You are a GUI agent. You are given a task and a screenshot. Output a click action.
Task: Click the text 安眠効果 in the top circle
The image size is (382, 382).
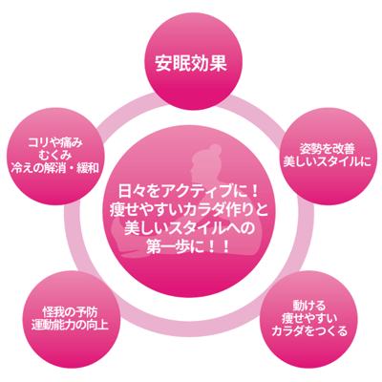(x=191, y=63)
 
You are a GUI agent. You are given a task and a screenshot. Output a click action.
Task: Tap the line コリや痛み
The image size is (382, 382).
(x=55, y=142)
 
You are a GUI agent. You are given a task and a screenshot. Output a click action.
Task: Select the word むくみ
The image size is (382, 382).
(x=54, y=156)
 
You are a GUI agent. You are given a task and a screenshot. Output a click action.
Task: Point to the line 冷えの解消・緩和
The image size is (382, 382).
(x=54, y=168)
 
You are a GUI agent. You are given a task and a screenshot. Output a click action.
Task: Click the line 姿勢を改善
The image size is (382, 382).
(x=328, y=149)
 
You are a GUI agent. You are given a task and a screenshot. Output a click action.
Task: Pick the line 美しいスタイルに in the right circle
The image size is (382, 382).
(x=327, y=162)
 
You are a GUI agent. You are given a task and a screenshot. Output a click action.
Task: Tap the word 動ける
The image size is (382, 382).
(x=309, y=306)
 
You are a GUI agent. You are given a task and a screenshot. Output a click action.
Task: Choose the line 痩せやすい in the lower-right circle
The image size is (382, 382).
(x=309, y=319)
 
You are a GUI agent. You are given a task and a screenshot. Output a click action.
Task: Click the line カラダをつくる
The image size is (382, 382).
(x=309, y=331)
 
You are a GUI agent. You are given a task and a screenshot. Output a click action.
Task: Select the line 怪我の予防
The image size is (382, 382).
(x=71, y=311)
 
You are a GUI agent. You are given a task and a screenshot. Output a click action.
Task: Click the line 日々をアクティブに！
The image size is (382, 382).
(x=190, y=191)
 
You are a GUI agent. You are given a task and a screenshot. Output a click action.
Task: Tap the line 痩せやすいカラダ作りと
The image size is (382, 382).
(x=190, y=209)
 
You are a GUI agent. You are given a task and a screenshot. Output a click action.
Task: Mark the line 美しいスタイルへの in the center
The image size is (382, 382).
(x=190, y=228)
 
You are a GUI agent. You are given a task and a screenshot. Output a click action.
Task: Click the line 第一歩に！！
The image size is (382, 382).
(x=189, y=246)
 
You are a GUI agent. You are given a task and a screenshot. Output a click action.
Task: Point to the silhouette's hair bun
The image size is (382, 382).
(x=214, y=150)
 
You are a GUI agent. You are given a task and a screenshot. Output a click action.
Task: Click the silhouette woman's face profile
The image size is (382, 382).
(x=192, y=171)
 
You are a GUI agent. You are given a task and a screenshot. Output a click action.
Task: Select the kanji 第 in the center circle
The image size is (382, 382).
(x=155, y=246)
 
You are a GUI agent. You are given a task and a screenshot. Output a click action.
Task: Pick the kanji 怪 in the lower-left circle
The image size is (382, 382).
(x=49, y=311)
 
